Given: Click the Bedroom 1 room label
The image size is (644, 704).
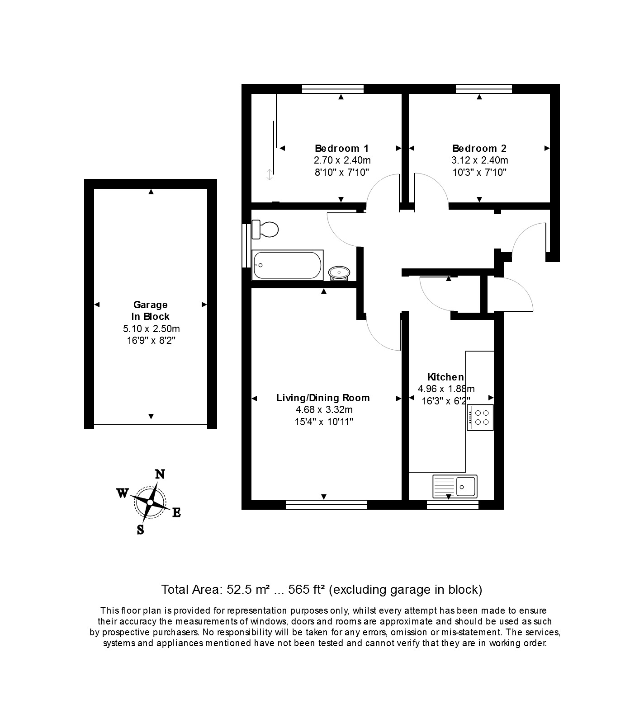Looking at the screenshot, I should tap(341, 148).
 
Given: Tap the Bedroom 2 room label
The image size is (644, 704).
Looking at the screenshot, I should tap(479, 148).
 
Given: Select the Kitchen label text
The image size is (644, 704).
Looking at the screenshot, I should tap(445, 377).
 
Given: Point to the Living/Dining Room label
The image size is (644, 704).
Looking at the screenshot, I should tap(323, 398).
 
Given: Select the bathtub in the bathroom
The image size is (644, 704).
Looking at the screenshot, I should tap(287, 265).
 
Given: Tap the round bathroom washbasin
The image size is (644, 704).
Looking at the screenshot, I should tap(339, 272).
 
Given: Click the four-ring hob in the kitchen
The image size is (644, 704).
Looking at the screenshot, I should tap(480, 418).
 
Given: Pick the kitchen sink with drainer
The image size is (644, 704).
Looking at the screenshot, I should tap(455, 486).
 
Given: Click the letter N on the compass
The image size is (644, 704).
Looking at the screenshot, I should tap(160, 474).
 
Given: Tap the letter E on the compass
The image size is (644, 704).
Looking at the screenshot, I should tap(176, 512).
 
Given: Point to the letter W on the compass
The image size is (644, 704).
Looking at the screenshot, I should tap(123, 493).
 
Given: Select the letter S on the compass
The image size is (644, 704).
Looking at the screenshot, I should tap(141, 530).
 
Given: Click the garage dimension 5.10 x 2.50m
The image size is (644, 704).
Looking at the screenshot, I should tap(150, 329).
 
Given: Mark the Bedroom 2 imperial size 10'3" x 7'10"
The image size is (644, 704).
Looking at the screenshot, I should tap(479, 172).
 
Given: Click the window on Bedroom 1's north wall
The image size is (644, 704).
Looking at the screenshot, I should tap(332, 89).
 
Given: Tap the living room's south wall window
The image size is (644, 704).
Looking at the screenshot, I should tap(326, 504).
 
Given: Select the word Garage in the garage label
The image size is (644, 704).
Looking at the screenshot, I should tap(150, 305).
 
